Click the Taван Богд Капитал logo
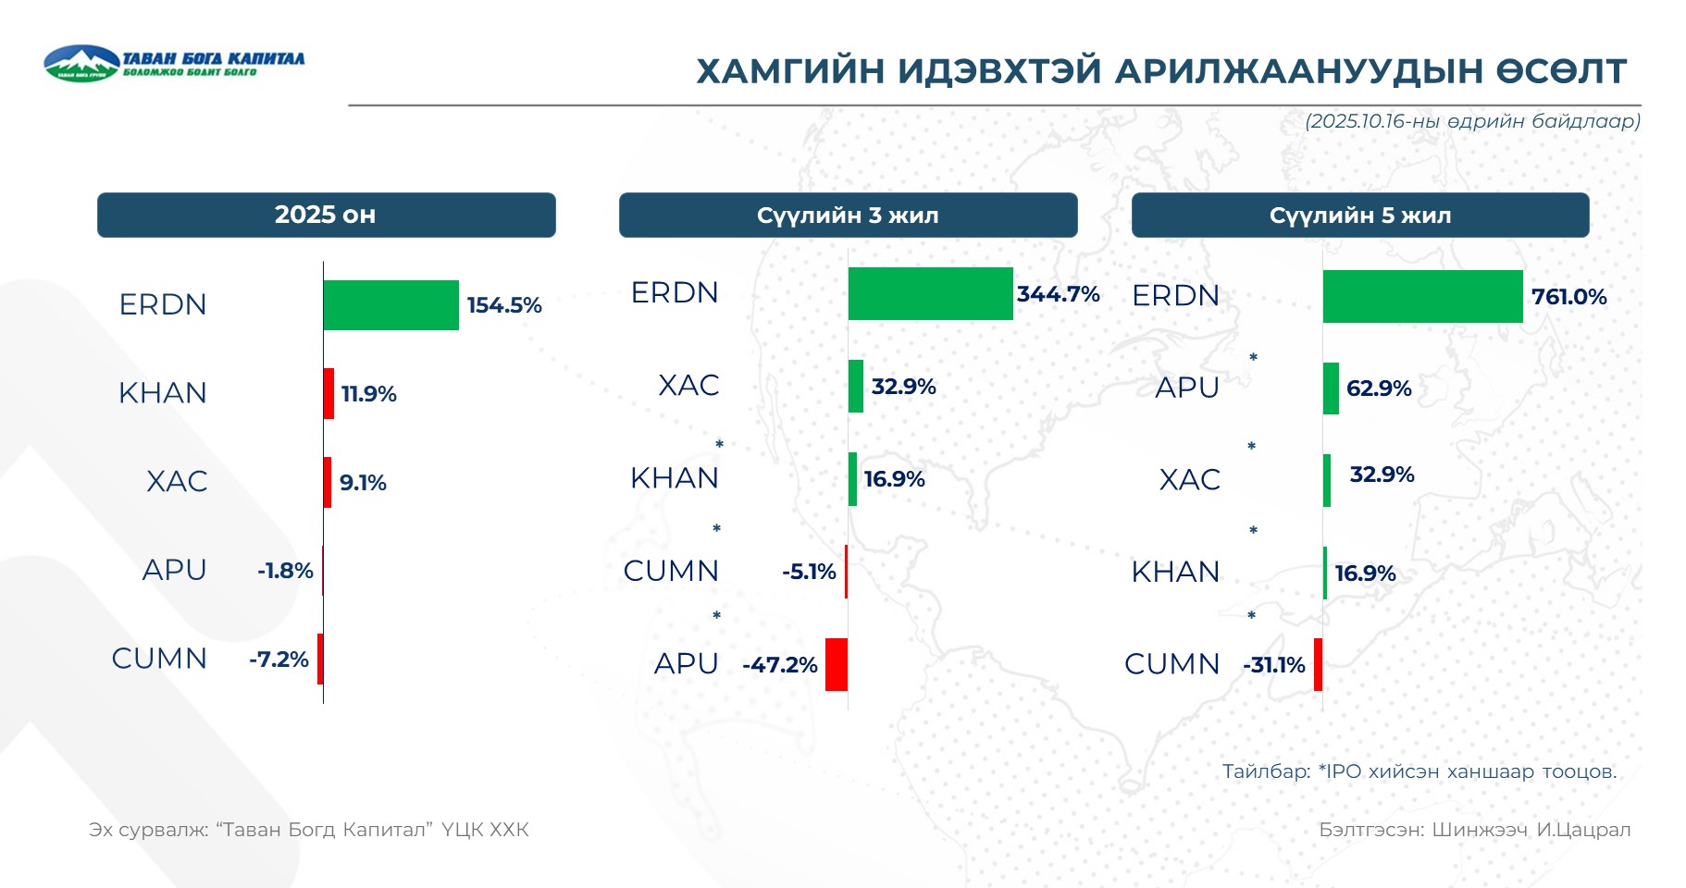173,63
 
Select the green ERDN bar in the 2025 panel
391,305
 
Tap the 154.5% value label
503,305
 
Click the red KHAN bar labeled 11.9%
329,393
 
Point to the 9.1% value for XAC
363,482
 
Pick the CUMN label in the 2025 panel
159,659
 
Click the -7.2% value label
279,660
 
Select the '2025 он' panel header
326,215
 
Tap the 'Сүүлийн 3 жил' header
848,216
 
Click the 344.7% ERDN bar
930,294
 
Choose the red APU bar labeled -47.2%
837,664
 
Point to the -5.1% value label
809,572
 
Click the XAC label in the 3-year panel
688,385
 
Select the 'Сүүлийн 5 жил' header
1360,216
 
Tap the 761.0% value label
1568,297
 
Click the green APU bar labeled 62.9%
1331,388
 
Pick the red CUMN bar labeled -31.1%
1318,664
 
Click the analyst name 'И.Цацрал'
1583,830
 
